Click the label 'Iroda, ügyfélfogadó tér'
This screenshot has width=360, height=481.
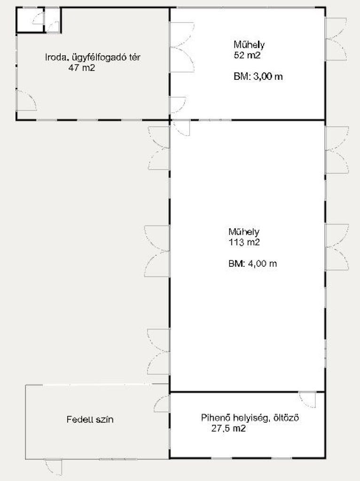coord(93,57)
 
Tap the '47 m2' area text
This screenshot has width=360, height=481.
coord(82,68)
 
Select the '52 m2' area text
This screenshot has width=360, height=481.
coord(247,55)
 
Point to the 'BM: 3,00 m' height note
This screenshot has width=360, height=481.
coord(258,77)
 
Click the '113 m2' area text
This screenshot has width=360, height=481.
coord(244,242)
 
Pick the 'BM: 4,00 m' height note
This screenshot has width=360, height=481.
coord(252,264)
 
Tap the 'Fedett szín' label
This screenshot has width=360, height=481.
coord(90,419)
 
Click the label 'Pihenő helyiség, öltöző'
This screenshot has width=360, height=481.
coord(250,418)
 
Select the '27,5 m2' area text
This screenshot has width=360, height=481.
coord(228,428)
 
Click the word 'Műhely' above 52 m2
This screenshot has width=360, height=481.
coord(249,45)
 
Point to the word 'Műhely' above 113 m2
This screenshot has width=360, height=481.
coord(244,232)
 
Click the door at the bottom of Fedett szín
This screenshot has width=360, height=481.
coord(54,467)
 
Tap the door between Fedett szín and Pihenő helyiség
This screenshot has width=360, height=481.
coord(161,403)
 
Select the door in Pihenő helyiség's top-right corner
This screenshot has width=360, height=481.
coord(307,399)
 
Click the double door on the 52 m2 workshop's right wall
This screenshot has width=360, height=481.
coord(336,39)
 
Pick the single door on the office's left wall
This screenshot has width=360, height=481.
coord(26,101)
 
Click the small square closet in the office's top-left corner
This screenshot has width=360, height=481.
coord(30,20)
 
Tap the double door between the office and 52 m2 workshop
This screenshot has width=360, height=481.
coord(182,47)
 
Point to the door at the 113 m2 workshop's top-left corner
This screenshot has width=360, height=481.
coord(181,128)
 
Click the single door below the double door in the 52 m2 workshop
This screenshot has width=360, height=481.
coord(178,105)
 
